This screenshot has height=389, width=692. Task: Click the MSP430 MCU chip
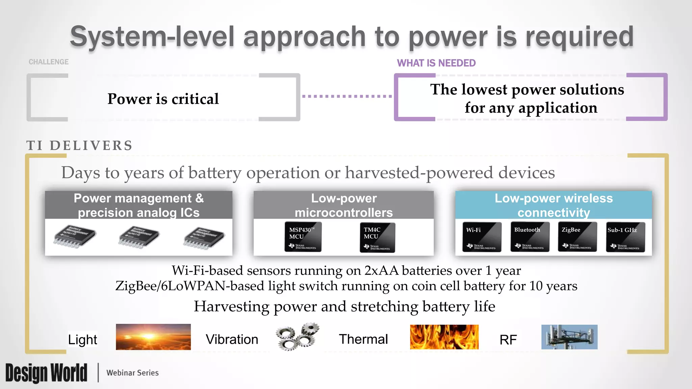pyautogui.click(x=303, y=237)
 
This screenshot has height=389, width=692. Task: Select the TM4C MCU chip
pyautogui.click(x=377, y=237)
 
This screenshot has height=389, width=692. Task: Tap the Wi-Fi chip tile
pyautogui.click(x=481, y=237)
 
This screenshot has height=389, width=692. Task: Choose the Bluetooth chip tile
pyautogui.click(x=529, y=237)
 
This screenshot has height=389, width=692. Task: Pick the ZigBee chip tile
pyautogui.click(x=577, y=237)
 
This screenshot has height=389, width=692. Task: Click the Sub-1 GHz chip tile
pyautogui.click(x=625, y=237)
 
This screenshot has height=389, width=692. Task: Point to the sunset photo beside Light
pyautogui.click(x=153, y=337)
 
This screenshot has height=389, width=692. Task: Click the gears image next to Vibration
pyautogui.click(x=297, y=337)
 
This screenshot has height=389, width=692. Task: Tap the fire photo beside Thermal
pyautogui.click(x=444, y=337)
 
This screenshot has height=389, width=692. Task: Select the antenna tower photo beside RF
pyautogui.click(x=569, y=337)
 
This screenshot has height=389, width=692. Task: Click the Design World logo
pyautogui.click(x=46, y=373)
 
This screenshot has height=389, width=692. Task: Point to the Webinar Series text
pyautogui.click(x=132, y=373)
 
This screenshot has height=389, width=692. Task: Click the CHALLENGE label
pyautogui.click(x=49, y=62)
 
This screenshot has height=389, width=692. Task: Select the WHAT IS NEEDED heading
pyautogui.click(x=436, y=63)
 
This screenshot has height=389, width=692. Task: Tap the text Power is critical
pyautogui.click(x=163, y=99)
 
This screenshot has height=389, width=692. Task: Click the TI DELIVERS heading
pyautogui.click(x=80, y=146)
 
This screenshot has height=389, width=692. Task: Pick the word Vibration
pyautogui.click(x=232, y=339)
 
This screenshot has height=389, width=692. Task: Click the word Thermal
pyautogui.click(x=363, y=339)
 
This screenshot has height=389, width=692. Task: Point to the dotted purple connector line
pyautogui.click(x=347, y=96)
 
